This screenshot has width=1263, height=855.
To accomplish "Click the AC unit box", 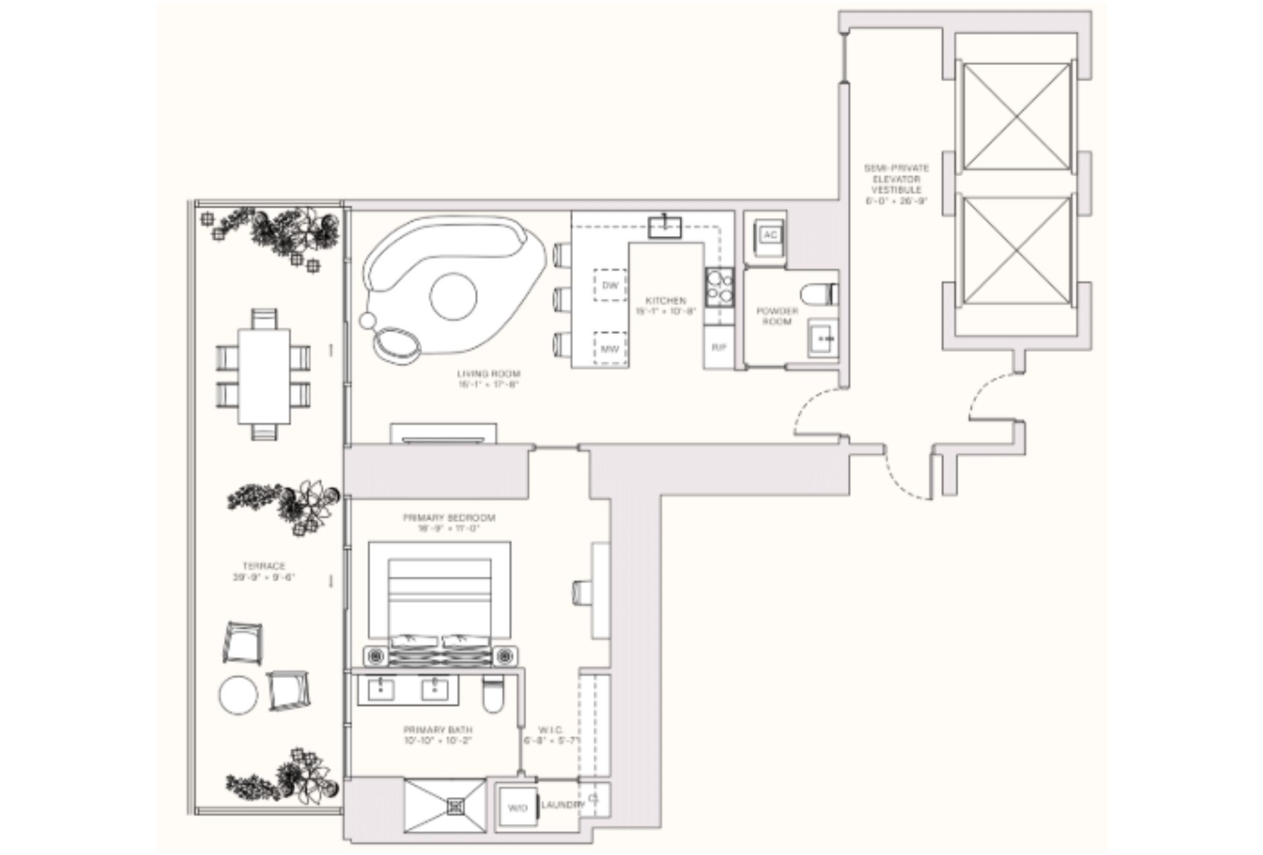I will [x=770, y=235].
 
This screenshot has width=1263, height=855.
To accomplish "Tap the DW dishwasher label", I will [x=610, y=285].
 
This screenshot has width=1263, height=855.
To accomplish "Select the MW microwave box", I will [x=610, y=349].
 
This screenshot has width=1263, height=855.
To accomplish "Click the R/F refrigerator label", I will [x=718, y=347].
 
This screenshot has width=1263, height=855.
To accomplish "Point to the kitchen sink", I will [x=664, y=228].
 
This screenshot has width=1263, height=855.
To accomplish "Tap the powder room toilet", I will [x=820, y=293].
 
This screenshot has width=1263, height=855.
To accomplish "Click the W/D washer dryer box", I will [x=517, y=808].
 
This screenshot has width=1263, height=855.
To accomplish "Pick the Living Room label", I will [x=488, y=379].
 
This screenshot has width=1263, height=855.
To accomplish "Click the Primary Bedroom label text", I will [x=449, y=522].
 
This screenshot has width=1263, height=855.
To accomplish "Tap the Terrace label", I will [x=264, y=571].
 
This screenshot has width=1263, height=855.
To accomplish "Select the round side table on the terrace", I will [x=238, y=695].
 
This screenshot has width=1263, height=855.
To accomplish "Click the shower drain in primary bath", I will [x=455, y=806].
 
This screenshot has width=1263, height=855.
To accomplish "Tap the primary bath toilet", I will [x=492, y=696].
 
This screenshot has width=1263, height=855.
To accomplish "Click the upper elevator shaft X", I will [x=1016, y=117].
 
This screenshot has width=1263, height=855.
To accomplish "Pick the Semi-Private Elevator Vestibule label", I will [x=896, y=184].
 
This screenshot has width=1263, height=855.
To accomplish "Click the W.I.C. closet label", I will [x=550, y=735].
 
